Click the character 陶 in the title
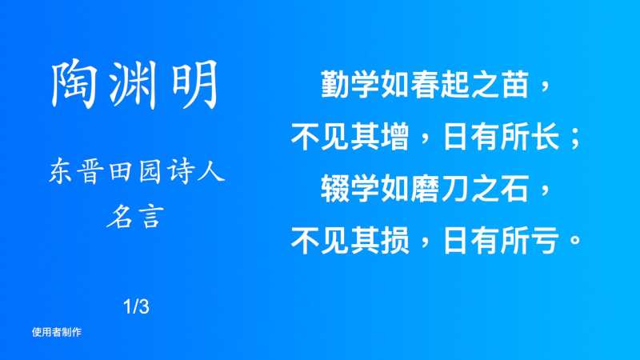[74, 85]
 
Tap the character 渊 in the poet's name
[134, 85]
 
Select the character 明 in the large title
[194, 85]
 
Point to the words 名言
[135, 216]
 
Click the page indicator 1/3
[136, 306]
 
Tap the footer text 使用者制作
[57, 332]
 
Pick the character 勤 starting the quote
[335, 85]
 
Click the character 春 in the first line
[425, 85]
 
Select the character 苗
[514, 85]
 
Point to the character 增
[394, 137]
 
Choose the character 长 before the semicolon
[545, 137]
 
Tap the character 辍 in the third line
[335, 189]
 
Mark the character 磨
[425, 189]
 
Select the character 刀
[454, 189]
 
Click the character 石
[514, 189]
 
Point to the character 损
[394, 241]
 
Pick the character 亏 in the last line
[545, 241]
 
